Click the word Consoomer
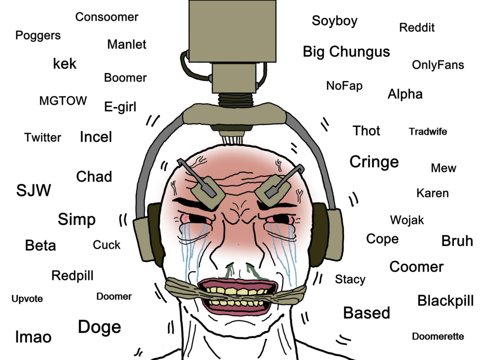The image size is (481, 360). pos(107,17)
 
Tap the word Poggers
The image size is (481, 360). pos(38,36)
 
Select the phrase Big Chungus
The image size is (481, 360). pos(346,52)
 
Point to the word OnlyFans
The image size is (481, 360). pos(438,65)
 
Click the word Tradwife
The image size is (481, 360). pos(428,132)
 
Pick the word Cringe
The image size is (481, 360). pos(374,162)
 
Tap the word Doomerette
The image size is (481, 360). pos(438,336)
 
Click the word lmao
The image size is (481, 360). pos(33,337)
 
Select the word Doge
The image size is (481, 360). pos(100,327)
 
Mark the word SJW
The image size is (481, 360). pos(34,190)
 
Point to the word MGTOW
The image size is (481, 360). pos(63,101)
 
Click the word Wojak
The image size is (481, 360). pos(407,220)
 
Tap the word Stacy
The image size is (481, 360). pos(350,280)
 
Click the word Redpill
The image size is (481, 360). pos(73,276)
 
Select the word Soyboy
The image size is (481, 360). pos(335,21)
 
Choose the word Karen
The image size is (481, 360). pos(432,193)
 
